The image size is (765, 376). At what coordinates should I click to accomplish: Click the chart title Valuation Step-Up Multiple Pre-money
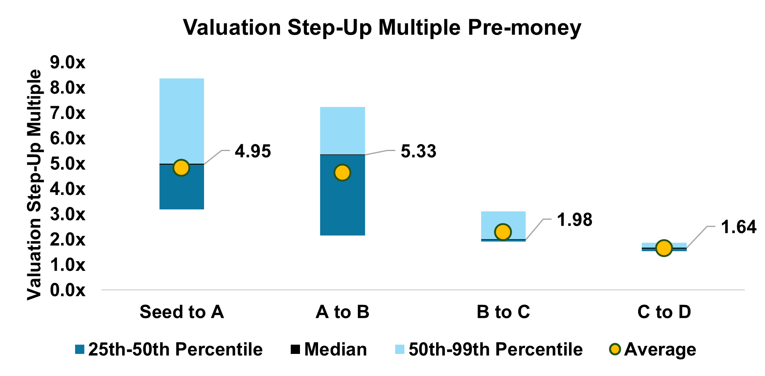tap(382, 27)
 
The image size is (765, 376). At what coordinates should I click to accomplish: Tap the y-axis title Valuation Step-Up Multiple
tap(34, 185)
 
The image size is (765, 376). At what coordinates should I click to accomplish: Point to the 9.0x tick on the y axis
tap(67, 62)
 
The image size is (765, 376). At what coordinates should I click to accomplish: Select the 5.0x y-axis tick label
tap(67, 163)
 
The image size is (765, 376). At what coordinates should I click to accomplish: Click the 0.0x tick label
tap(67, 290)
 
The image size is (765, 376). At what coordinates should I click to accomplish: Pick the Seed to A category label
tap(182, 312)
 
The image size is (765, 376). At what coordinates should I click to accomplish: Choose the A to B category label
tap(343, 312)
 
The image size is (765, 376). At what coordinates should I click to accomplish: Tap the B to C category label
tap(503, 312)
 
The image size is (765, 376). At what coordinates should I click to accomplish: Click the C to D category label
tap(664, 312)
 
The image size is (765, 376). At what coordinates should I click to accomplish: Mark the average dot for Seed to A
tap(182, 168)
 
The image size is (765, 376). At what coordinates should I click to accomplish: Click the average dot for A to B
tap(342, 173)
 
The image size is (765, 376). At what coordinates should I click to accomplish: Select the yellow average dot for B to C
tap(503, 232)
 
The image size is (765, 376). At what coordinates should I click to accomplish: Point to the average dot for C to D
tap(664, 248)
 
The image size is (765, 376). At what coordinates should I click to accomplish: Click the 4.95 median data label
tap(253, 151)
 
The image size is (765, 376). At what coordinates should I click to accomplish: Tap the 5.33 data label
tap(418, 151)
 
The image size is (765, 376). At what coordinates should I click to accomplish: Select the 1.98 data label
tap(575, 220)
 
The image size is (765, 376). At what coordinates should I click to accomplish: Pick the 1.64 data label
tap(738, 227)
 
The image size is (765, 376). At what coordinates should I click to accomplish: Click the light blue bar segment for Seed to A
tap(182, 121)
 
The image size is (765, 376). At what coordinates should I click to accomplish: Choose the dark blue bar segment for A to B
tap(343, 195)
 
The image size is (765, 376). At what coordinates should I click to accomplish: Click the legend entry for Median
tap(328, 349)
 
